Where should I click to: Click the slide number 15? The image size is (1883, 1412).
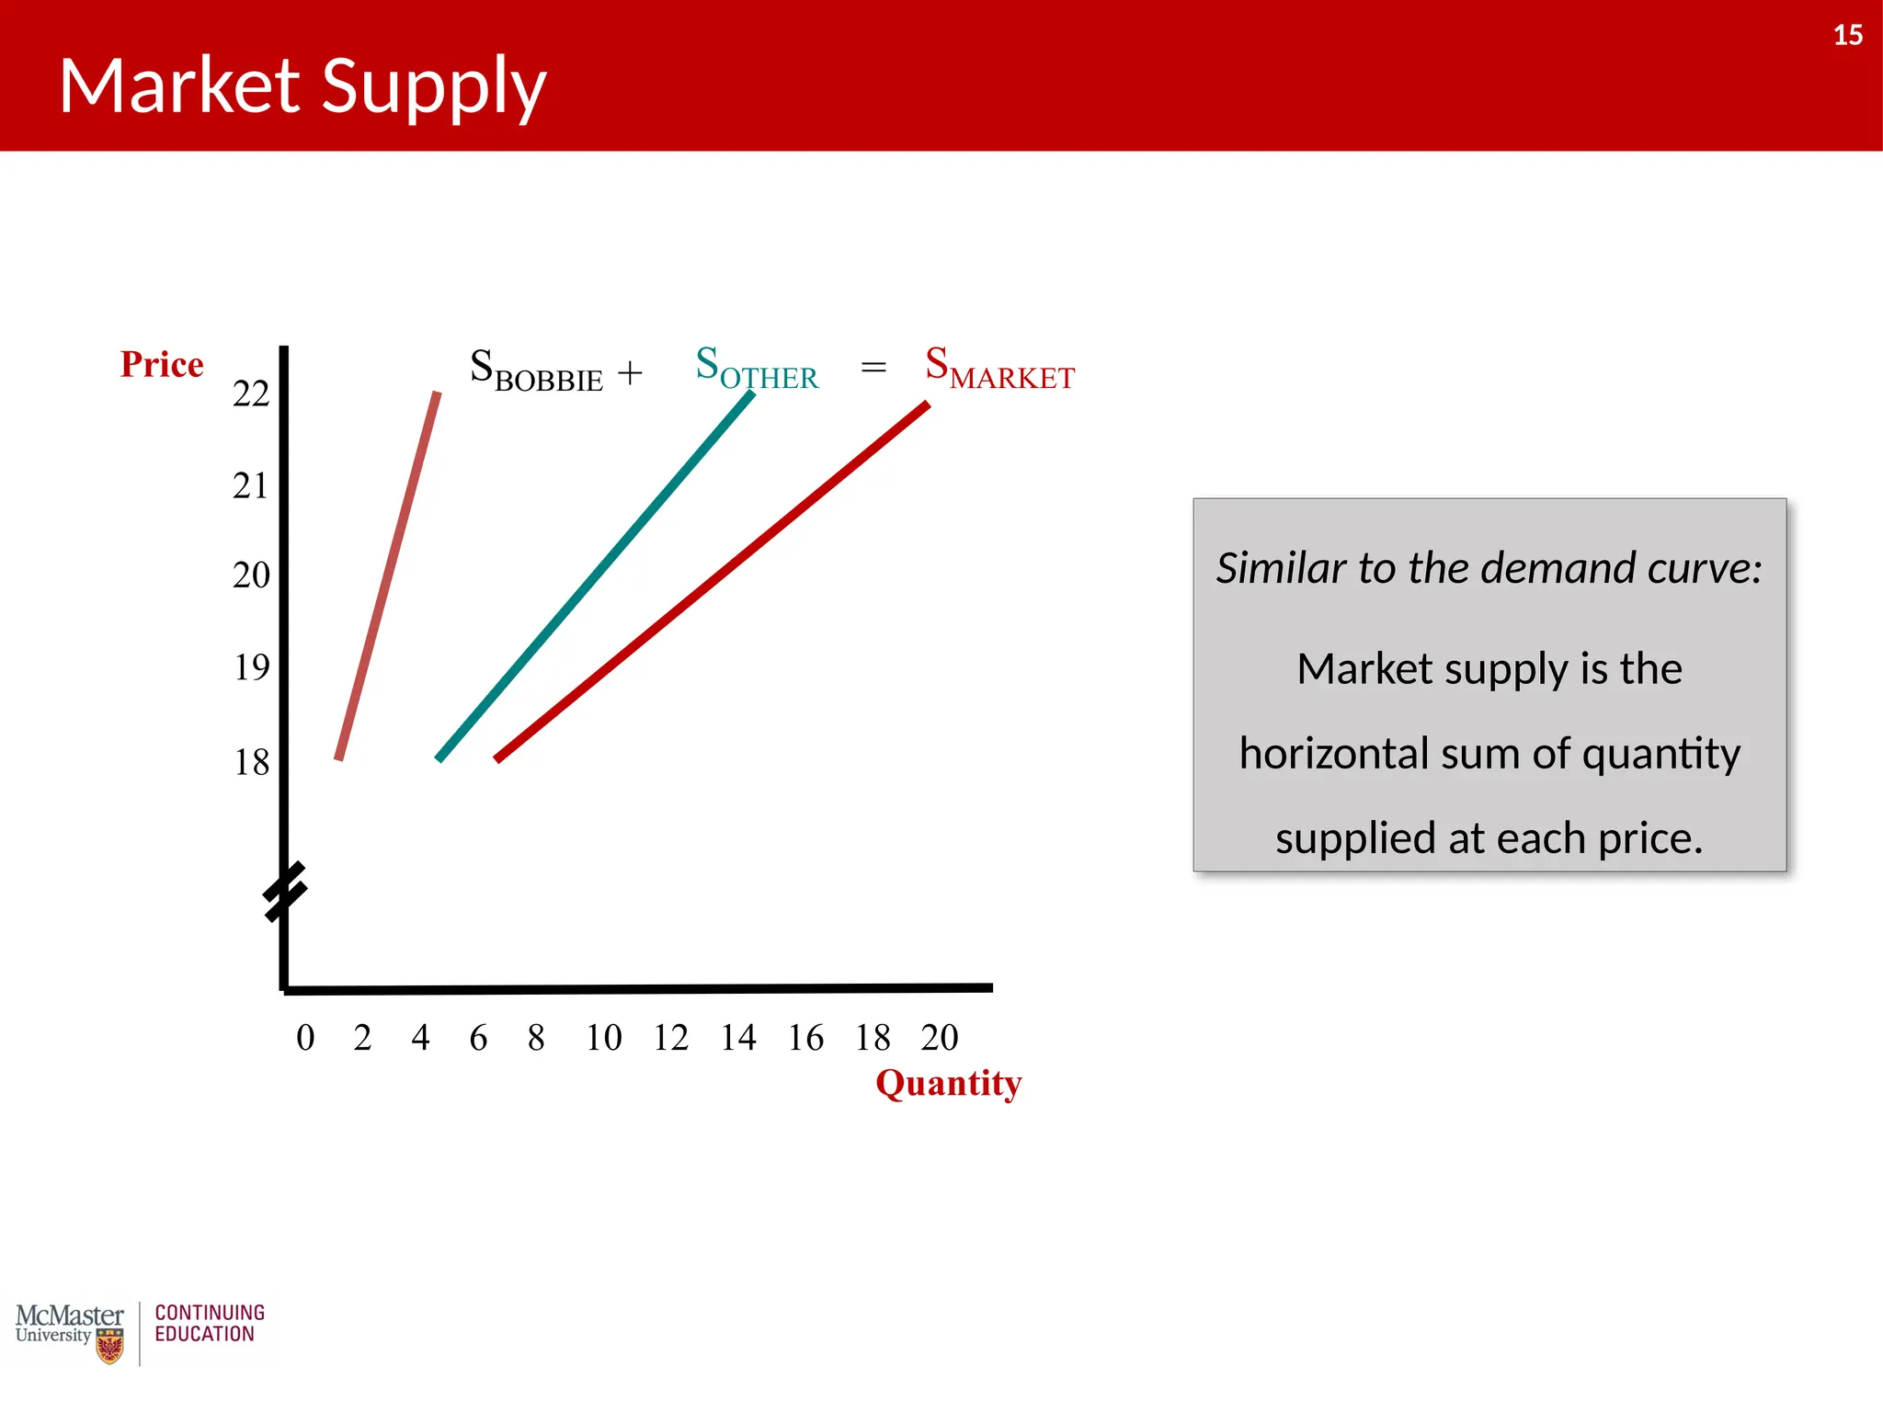click(1847, 35)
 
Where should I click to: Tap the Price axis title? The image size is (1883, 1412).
click(162, 365)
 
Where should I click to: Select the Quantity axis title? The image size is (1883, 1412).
click(948, 1083)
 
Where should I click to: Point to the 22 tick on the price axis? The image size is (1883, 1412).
click(251, 394)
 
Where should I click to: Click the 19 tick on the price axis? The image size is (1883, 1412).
click(251, 667)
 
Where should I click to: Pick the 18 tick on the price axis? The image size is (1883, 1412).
click(251, 762)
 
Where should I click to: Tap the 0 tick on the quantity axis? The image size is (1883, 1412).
click(305, 1038)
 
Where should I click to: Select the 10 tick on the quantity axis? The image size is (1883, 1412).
click(604, 1038)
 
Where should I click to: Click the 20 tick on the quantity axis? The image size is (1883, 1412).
click(940, 1038)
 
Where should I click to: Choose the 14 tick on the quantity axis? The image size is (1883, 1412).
click(738, 1038)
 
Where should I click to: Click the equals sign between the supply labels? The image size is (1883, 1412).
click(873, 368)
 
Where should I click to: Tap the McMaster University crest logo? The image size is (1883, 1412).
click(109, 1348)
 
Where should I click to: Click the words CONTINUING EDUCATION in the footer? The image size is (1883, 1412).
click(210, 1324)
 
